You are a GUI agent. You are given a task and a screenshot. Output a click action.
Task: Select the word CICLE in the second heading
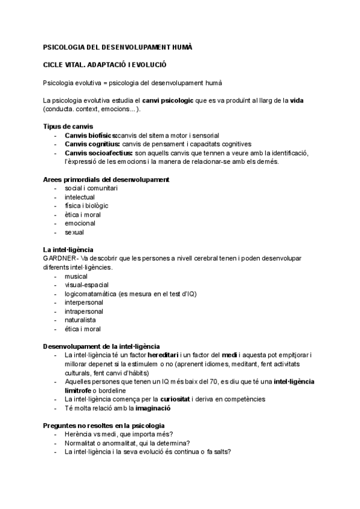pyautogui.click(x=55, y=64)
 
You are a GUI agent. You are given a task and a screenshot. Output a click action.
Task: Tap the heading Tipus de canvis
pyautogui.click(x=68, y=127)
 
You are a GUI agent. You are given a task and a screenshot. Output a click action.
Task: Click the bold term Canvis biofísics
pyautogui.click(x=91, y=136)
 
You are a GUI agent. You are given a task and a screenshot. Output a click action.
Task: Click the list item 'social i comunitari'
pyautogui.click(x=91, y=188)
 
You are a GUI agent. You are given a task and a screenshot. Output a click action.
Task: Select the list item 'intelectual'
pyautogui.click(x=79, y=197)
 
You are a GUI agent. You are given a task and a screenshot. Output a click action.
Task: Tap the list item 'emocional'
pyautogui.click(x=80, y=223)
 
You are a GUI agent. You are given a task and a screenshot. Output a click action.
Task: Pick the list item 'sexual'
pyautogui.click(x=74, y=232)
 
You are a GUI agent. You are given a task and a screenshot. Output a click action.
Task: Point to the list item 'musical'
pyautogui.click(x=76, y=276)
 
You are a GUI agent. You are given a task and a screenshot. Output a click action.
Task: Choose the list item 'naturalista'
pyautogui.click(x=80, y=320)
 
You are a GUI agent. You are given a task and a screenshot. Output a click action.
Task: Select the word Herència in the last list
pyautogui.click(x=79, y=434)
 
